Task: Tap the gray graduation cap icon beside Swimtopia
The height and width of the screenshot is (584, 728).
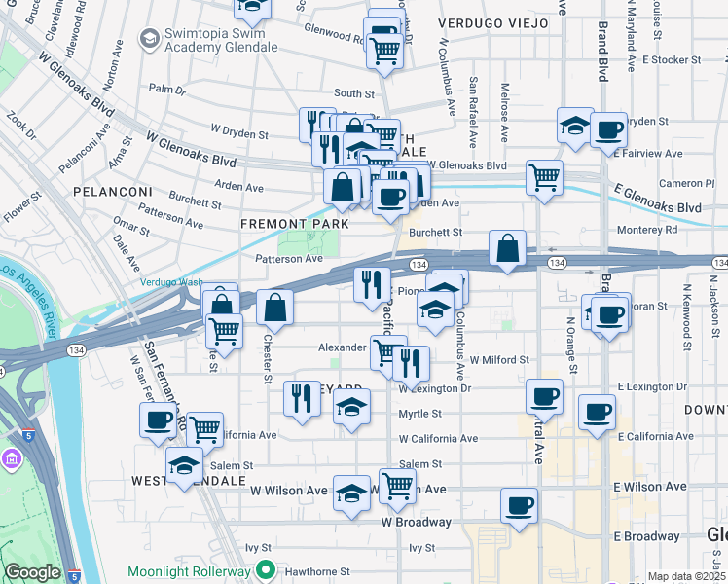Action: click(x=149, y=38)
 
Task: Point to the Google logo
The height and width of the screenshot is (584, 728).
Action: click(x=32, y=572)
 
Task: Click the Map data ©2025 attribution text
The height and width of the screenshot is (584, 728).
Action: click(x=686, y=576)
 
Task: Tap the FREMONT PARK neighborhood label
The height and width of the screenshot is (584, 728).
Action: click(x=295, y=224)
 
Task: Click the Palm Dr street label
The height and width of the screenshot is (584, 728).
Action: click(x=167, y=89)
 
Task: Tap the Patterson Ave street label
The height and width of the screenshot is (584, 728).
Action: click(x=289, y=259)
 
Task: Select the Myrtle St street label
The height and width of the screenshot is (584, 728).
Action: click(x=420, y=414)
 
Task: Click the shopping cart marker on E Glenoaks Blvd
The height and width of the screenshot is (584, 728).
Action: click(x=544, y=177)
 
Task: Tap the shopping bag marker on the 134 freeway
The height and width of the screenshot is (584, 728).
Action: click(x=507, y=247)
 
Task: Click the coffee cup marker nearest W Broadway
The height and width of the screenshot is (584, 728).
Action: click(x=519, y=505)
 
